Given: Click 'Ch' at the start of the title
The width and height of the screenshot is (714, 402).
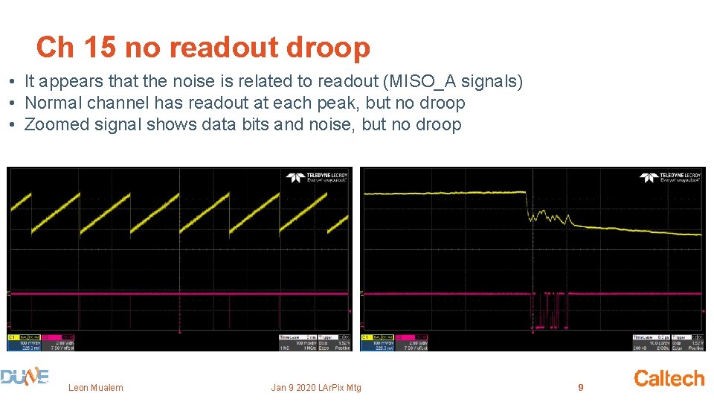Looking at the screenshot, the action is [x=55, y=48].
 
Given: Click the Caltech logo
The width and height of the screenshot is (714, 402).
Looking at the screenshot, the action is [x=669, y=378].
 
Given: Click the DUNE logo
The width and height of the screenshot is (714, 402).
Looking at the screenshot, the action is [x=25, y=378].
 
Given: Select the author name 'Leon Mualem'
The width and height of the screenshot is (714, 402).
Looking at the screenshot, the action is [x=96, y=387].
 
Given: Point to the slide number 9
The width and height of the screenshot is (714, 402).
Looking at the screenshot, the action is [x=581, y=387].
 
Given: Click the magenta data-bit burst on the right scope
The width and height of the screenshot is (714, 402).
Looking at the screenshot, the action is [x=550, y=308].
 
